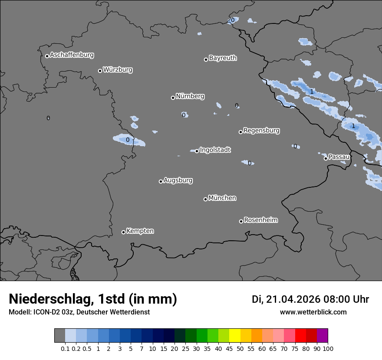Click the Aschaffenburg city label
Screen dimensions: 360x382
point(72,55)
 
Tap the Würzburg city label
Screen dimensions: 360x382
point(118,70)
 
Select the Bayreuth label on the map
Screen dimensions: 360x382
point(223,58)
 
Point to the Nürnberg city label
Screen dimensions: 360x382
point(190,96)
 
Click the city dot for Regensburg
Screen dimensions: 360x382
point(240,132)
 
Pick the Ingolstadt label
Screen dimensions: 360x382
point(215,150)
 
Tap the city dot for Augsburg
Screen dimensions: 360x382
point(161,181)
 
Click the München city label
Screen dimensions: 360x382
point(222,198)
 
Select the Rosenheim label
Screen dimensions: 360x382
point(260,220)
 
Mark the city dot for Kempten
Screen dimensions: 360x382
point(123,232)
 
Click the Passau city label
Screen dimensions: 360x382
point(339,157)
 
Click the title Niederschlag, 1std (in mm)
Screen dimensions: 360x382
point(93,299)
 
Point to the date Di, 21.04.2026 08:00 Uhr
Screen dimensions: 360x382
point(310,299)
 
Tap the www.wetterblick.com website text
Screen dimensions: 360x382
point(313,312)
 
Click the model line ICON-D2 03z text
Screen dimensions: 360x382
point(79,312)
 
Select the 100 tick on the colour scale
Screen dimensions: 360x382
point(328,348)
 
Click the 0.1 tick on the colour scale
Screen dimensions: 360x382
point(65,348)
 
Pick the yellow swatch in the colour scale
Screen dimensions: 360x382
point(235,336)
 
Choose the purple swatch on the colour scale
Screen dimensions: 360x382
point(323,336)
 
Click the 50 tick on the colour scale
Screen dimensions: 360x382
point(240,348)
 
